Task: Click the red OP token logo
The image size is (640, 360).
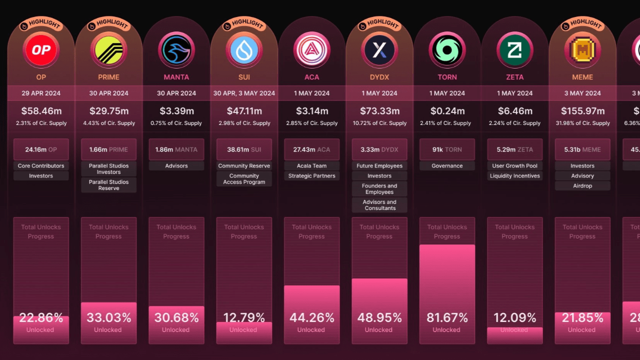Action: (x=41, y=50)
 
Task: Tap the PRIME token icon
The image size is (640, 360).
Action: (x=108, y=50)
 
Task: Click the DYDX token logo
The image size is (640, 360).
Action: (x=379, y=50)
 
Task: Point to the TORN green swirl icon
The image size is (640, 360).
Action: (x=447, y=50)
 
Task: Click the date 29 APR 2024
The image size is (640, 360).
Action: (x=41, y=93)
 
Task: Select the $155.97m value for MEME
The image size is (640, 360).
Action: (x=582, y=111)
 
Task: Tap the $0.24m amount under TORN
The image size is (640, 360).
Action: (x=447, y=111)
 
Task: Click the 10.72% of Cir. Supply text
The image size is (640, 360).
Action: (x=379, y=123)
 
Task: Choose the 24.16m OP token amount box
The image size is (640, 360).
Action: (x=41, y=149)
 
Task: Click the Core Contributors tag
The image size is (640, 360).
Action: (x=41, y=166)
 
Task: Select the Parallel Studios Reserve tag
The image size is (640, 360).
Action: (x=108, y=185)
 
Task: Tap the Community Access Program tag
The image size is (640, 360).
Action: (x=244, y=179)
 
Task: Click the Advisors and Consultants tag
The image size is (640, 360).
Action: (x=379, y=205)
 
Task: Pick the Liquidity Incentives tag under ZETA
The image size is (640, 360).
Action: (x=514, y=176)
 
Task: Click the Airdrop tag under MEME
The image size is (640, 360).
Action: (x=582, y=186)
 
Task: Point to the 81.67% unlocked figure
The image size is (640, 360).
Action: (x=447, y=317)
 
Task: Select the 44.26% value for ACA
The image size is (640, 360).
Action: (x=311, y=317)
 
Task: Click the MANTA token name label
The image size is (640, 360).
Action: (x=176, y=77)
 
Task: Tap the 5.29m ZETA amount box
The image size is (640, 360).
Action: (x=514, y=149)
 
